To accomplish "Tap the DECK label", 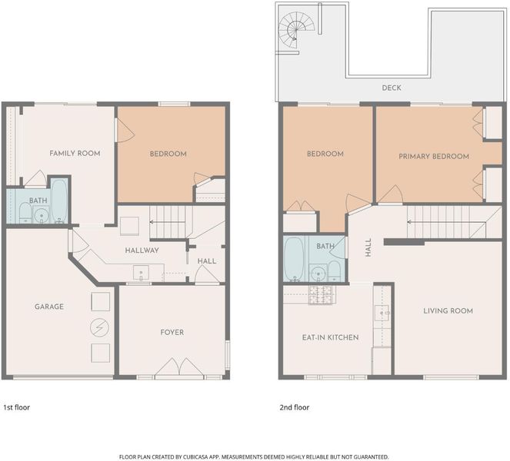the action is pos(392,88).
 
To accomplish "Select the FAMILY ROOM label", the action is pos(75,154).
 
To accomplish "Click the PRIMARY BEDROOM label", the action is pos(434,157).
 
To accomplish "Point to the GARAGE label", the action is pos(49,307).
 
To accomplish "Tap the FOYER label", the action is pos(172,333).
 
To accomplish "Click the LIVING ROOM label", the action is pos(448,311).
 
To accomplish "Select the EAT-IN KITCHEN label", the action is pos(331,337).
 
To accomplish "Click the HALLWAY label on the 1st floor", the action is pos(142,250).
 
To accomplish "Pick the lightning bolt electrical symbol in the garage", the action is pos(100,327).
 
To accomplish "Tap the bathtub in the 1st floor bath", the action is pos(59,201).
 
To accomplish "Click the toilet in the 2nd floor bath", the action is pos(334,271).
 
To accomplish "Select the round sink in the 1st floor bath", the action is pos(42,214).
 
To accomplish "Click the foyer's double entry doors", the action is pos(179,367).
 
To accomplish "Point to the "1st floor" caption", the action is pos(17,407).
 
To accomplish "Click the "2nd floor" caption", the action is pos(295,407).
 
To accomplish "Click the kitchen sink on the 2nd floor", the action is pos(382,313).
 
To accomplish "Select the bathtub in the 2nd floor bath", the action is pos(294,259).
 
